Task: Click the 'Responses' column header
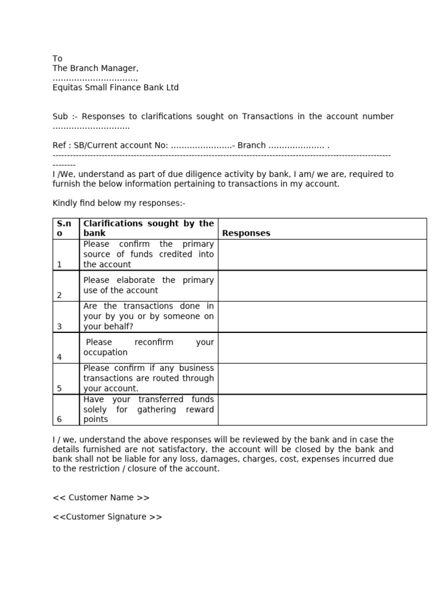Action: click(246, 233)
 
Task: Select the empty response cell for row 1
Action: click(322, 255)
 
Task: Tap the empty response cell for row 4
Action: click(322, 348)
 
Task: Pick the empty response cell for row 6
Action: click(322, 410)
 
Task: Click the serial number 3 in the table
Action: click(59, 327)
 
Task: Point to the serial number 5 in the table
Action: click(59, 389)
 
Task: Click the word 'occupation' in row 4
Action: click(105, 353)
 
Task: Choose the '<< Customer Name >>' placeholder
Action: click(101, 498)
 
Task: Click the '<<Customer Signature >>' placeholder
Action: click(108, 517)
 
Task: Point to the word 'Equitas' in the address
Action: click(68, 88)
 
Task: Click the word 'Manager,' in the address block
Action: click(120, 69)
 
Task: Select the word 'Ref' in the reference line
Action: click(59, 146)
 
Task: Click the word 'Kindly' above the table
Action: click(65, 203)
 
